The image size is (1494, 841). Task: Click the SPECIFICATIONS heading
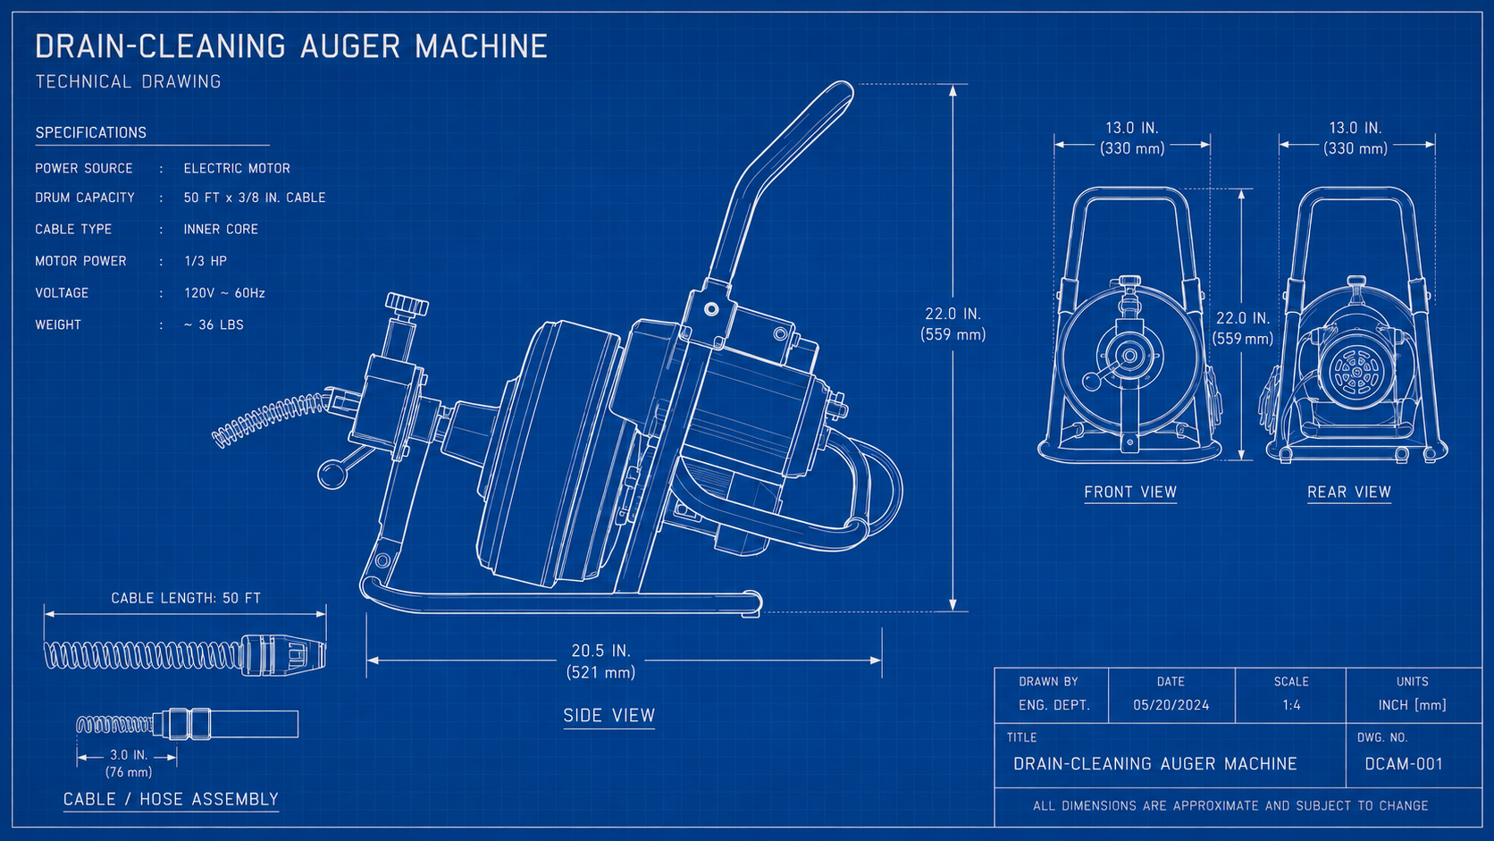(91, 133)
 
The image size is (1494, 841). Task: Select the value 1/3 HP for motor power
(206, 261)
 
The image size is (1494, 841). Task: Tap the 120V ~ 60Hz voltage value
(225, 293)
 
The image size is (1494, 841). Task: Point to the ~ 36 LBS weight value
(214, 324)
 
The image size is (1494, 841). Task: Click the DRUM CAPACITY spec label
(85, 198)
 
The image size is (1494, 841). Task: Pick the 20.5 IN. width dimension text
(601, 651)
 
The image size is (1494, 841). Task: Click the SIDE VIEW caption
(609, 716)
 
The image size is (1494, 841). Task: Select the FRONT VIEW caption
(1130, 492)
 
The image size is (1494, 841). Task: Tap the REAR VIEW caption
(1349, 492)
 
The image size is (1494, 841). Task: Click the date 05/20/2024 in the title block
(1171, 705)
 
